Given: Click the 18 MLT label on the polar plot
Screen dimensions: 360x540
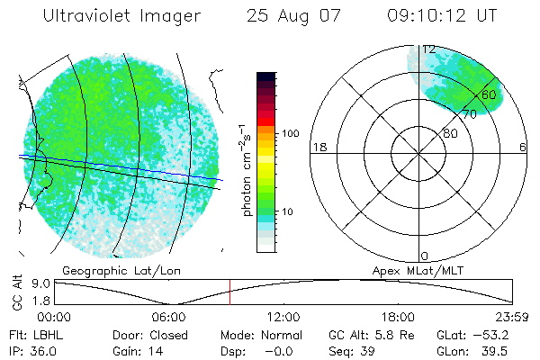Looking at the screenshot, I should coord(317,148).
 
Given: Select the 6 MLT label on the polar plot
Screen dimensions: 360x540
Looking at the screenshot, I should coord(523,148).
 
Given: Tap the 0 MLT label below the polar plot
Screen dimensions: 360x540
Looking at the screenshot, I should coord(425,256).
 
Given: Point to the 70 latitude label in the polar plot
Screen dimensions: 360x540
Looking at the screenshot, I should coord(469,114).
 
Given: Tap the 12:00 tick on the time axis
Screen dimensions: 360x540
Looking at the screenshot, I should coord(283,317).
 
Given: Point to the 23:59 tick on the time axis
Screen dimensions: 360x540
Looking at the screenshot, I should coord(512,317).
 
